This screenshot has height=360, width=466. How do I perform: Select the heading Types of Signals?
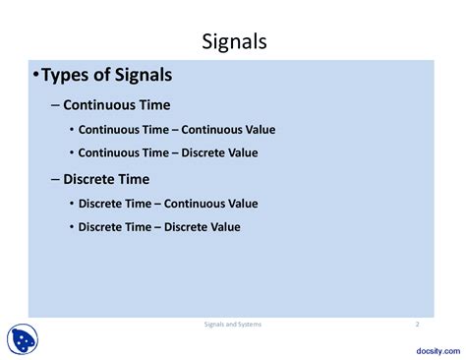(106, 76)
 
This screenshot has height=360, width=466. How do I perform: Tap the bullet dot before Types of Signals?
(35, 77)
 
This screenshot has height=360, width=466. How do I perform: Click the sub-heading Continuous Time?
(116, 104)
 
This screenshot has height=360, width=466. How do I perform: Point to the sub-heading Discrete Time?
(106, 179)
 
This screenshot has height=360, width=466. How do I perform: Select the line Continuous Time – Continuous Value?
(176, 129)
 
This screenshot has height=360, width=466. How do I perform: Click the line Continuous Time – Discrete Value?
(167, 152)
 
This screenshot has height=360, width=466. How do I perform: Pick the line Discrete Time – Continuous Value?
(167, 204)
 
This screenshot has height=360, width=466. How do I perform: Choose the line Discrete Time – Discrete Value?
(159, 227)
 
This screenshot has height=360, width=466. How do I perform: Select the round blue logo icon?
(24, 339)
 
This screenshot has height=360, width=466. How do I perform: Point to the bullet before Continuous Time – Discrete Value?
(71, 152)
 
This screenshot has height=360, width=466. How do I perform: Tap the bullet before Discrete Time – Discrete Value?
(71, 227)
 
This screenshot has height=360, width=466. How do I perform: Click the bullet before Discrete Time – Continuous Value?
(71, 204)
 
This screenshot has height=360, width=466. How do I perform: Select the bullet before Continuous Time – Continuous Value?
(71, 129)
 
